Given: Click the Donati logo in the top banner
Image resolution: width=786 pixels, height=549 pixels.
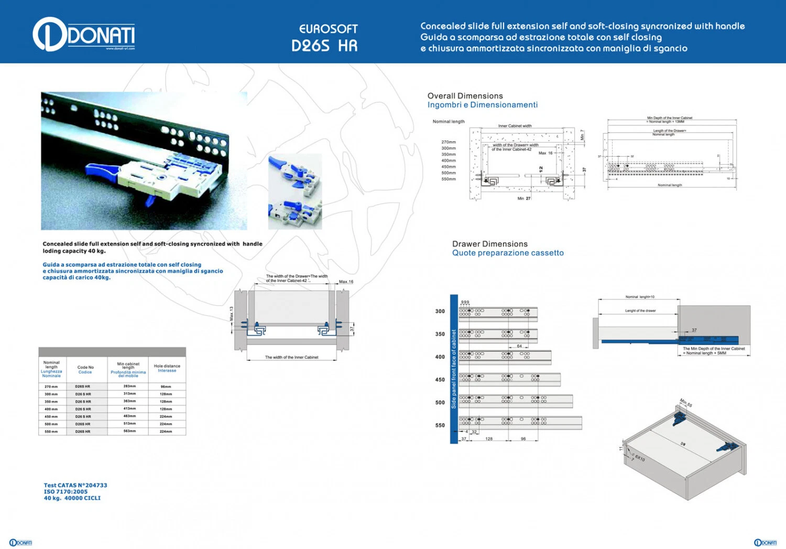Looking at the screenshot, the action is coord(84,35).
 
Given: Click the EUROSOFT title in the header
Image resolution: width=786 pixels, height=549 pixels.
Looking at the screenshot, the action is coord(328,29).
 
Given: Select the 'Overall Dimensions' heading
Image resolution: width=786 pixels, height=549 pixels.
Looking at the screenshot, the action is coord(465,96).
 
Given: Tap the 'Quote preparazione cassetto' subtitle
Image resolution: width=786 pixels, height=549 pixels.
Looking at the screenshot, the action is coord(508,253).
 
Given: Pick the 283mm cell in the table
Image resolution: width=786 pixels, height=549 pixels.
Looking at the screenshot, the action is coord(129,386).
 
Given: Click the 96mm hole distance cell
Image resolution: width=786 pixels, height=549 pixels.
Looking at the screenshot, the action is coord(166,386).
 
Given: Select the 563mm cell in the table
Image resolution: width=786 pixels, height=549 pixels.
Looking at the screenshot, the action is coord(129,431).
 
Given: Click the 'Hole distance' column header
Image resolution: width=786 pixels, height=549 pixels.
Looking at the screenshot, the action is coord(167,368).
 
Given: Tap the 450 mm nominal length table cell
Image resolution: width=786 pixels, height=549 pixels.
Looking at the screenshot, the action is coord(51,416).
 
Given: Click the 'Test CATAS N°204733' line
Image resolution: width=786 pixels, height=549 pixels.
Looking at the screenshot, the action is coord(75,486).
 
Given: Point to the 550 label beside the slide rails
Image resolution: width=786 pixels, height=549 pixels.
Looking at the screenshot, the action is coord(440,425).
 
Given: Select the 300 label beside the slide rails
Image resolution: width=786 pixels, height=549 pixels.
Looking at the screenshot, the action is coord(440,311).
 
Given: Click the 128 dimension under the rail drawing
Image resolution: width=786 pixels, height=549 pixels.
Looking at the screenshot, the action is coord(489,439).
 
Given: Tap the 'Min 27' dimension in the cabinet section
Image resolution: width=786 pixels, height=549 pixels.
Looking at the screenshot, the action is coord(524,198).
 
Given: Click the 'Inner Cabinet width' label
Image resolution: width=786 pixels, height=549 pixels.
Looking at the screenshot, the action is coord(515,126).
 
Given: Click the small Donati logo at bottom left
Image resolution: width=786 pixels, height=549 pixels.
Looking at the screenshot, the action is coord(21,543).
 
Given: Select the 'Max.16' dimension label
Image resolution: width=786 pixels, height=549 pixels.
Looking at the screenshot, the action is coord(346,282).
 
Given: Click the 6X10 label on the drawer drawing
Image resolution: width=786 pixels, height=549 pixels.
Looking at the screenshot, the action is coord(640,458).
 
